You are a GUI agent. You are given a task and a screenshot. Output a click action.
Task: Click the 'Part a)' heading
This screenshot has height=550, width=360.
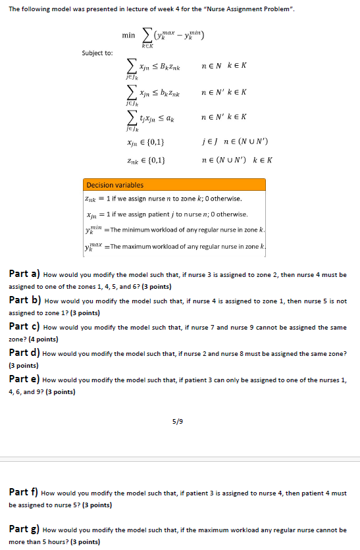click(x=24, y=273)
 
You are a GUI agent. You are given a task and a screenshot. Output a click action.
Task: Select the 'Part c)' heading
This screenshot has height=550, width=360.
click(x=24, y=326)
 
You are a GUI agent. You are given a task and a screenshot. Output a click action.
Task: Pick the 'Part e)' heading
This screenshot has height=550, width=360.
click(x=24, y=380)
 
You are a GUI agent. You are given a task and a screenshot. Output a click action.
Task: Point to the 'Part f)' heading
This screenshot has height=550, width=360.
click(x=24, y=492)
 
